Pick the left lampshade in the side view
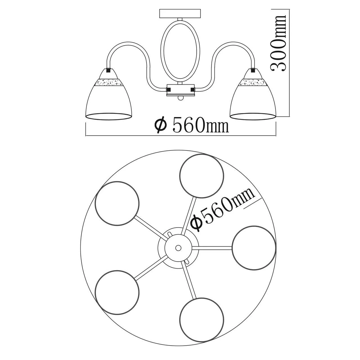[109, 94]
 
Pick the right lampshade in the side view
[253, 94]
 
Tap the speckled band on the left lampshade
[109, 82]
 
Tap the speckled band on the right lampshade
[253, 82]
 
